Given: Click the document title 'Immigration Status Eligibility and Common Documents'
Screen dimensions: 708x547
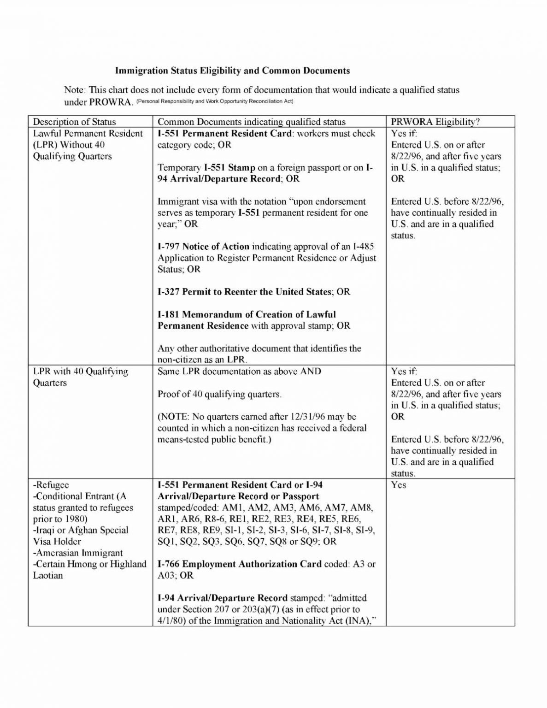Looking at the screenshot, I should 232,71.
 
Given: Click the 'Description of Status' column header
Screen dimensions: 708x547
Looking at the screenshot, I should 74,122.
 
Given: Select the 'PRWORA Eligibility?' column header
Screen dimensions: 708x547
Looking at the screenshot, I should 435,122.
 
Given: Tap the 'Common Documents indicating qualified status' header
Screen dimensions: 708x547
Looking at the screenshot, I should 251,122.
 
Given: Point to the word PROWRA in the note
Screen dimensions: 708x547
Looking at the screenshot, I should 110,101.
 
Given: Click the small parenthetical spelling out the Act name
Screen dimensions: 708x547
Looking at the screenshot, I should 215,101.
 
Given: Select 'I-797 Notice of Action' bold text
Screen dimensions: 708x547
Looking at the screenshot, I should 203,247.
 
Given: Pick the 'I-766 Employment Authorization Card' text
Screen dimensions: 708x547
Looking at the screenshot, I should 240,564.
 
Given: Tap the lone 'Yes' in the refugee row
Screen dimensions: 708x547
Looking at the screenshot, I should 399,485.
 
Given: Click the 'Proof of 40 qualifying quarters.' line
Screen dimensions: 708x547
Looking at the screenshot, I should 219,394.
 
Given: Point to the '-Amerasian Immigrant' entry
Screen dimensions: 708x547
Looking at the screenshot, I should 78,553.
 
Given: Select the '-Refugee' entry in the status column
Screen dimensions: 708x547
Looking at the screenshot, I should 51,485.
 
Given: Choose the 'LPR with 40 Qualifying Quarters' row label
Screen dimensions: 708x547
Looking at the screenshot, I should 80,377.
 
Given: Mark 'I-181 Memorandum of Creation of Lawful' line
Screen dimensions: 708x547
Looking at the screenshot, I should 247,314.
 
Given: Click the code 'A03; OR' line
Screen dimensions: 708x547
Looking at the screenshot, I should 176,575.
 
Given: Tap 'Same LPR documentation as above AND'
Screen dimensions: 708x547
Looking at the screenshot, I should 240,372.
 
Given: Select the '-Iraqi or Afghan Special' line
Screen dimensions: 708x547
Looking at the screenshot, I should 81,530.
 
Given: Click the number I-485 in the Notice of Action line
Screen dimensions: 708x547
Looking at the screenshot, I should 364,247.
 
